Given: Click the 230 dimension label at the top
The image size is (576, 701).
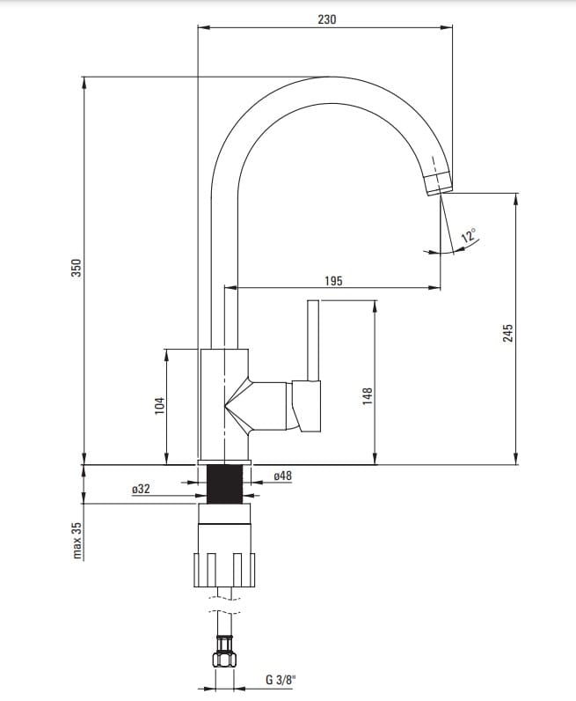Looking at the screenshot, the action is click(327, 19).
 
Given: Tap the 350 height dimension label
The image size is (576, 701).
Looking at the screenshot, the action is click(77, 268).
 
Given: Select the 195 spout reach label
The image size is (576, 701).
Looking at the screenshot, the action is click(333, 281).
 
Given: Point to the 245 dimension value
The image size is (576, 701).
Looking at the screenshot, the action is click(508, 333).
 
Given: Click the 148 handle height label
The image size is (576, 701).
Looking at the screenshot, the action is click(368, 396).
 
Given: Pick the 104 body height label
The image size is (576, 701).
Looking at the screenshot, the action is click(159, 405).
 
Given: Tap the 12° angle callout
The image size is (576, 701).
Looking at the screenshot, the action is click(469, 235).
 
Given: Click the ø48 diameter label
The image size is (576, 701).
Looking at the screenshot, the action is click(282, 476).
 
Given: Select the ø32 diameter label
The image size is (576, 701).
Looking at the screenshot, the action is click(141, 489).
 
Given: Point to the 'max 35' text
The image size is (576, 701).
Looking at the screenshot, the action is click(77, 541).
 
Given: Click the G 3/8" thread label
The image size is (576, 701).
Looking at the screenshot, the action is click(281, 680).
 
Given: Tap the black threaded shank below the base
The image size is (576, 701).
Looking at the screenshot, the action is click(225, 483).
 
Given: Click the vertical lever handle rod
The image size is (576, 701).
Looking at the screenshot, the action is click(313, 341).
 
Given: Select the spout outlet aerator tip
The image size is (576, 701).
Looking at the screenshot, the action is click(438, 183).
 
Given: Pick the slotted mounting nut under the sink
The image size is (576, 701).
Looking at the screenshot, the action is click(224, 570).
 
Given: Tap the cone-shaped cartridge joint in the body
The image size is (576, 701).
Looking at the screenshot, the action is click(237, 406).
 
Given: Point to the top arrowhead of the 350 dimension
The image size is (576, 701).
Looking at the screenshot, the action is click(84, 83).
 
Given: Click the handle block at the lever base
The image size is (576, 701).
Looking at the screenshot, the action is click(307, 406).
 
